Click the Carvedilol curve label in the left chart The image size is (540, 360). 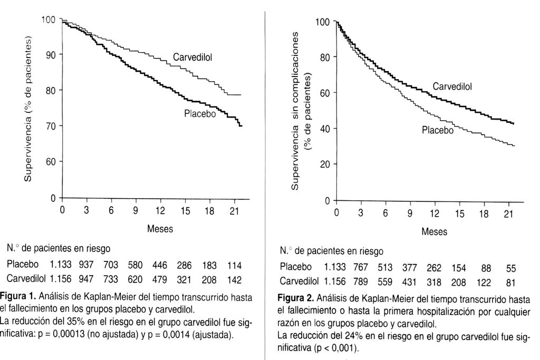[192, 57]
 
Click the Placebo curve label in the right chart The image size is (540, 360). [437, 130]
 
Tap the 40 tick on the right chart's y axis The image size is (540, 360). [325, 129]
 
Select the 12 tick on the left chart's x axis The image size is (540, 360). [160, 211]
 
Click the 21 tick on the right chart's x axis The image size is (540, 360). [508, 213]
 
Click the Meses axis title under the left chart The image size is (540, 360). [160, 229]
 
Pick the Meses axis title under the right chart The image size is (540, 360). [435, 231]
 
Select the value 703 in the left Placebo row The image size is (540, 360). [111, 265]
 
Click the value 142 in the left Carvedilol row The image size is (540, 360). [234, 280]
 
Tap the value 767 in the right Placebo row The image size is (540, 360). [360, 268]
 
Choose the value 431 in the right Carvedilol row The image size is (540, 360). [409, 282]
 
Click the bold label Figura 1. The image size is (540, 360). [18, 296]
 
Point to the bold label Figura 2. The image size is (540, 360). [295, 297]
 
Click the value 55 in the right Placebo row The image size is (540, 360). [511, 268]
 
